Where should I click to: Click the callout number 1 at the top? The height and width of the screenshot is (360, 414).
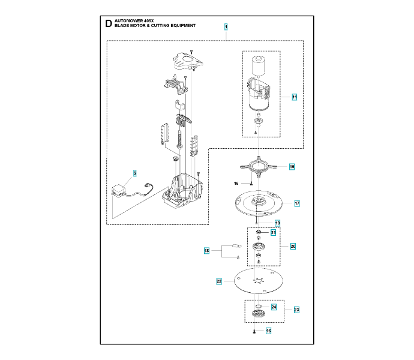point(226,27)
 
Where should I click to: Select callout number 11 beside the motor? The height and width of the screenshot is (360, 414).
point(295,97)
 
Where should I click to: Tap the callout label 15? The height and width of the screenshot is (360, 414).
point(292,167)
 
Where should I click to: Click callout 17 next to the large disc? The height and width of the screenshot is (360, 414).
point(296,203)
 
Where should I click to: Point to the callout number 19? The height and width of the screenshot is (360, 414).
point(277,223)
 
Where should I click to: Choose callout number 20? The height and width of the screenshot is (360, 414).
point(293,246)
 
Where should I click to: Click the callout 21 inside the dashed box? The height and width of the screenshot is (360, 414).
point(273,233)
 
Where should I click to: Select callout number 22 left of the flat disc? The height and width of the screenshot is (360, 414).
point(220,281)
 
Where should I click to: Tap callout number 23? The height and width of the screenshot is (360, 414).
point(296,310)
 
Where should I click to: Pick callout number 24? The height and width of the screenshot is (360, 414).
point(273,307)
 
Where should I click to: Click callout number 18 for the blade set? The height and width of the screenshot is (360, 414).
point(206,251)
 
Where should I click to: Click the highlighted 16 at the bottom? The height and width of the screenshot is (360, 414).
point(268,331)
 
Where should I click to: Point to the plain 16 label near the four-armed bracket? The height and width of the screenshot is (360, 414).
point(236,183)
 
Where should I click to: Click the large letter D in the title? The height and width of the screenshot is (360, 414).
point(107,24)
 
